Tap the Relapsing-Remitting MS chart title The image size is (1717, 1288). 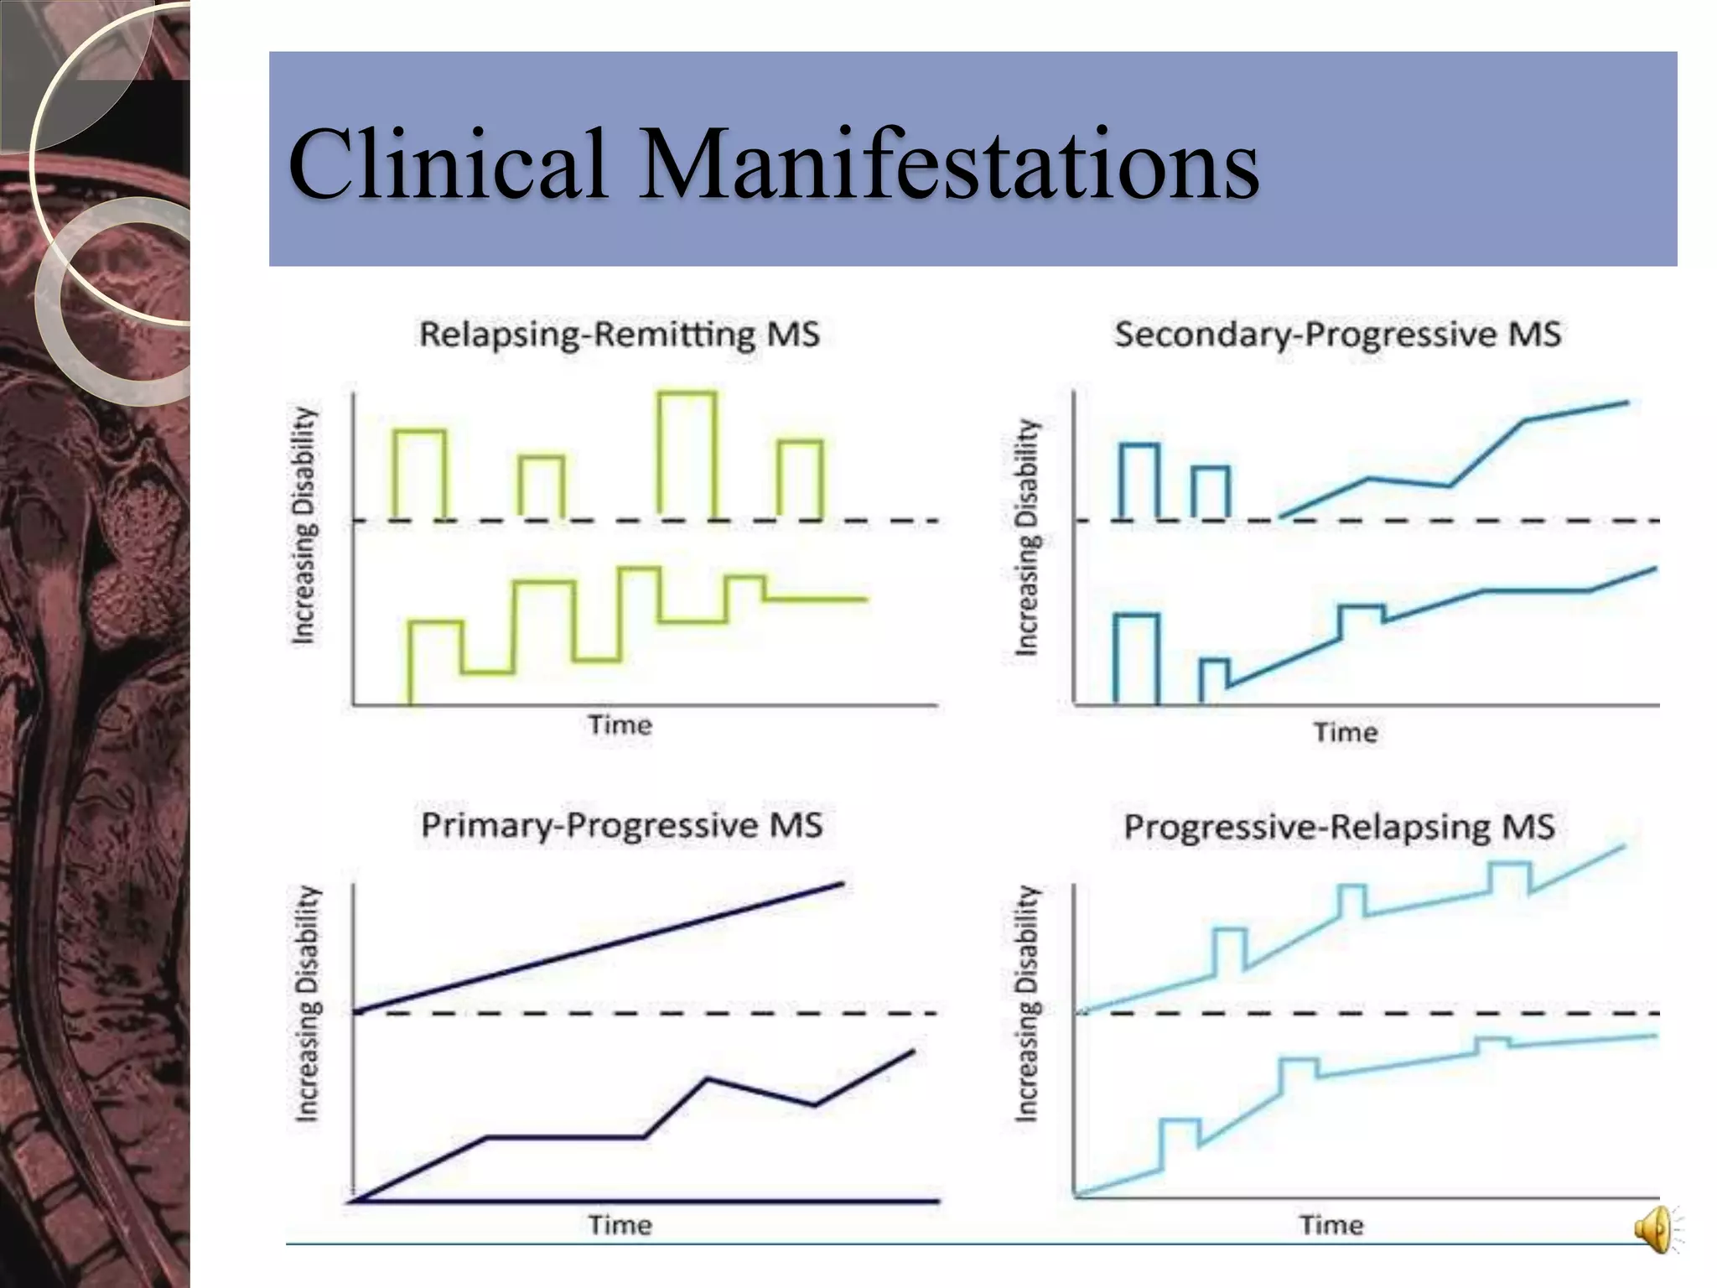[619, 335]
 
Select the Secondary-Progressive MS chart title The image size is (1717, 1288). [1337, 335]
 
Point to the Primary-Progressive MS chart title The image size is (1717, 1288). [621, 825]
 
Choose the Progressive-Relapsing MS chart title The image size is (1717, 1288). [1339, 827]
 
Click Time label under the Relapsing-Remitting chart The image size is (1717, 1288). [620, 724]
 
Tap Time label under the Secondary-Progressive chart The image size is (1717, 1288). [1345, 732]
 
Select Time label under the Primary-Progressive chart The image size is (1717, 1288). [620, 1225]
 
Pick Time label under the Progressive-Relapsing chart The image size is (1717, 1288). [1331, 1225]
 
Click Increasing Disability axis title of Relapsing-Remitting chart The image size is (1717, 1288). [303, 526]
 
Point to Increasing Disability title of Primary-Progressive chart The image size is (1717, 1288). [307, 1003]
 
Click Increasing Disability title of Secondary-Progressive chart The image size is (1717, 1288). [1027, 537]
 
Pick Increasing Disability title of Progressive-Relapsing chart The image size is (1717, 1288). [1027, 1003]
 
